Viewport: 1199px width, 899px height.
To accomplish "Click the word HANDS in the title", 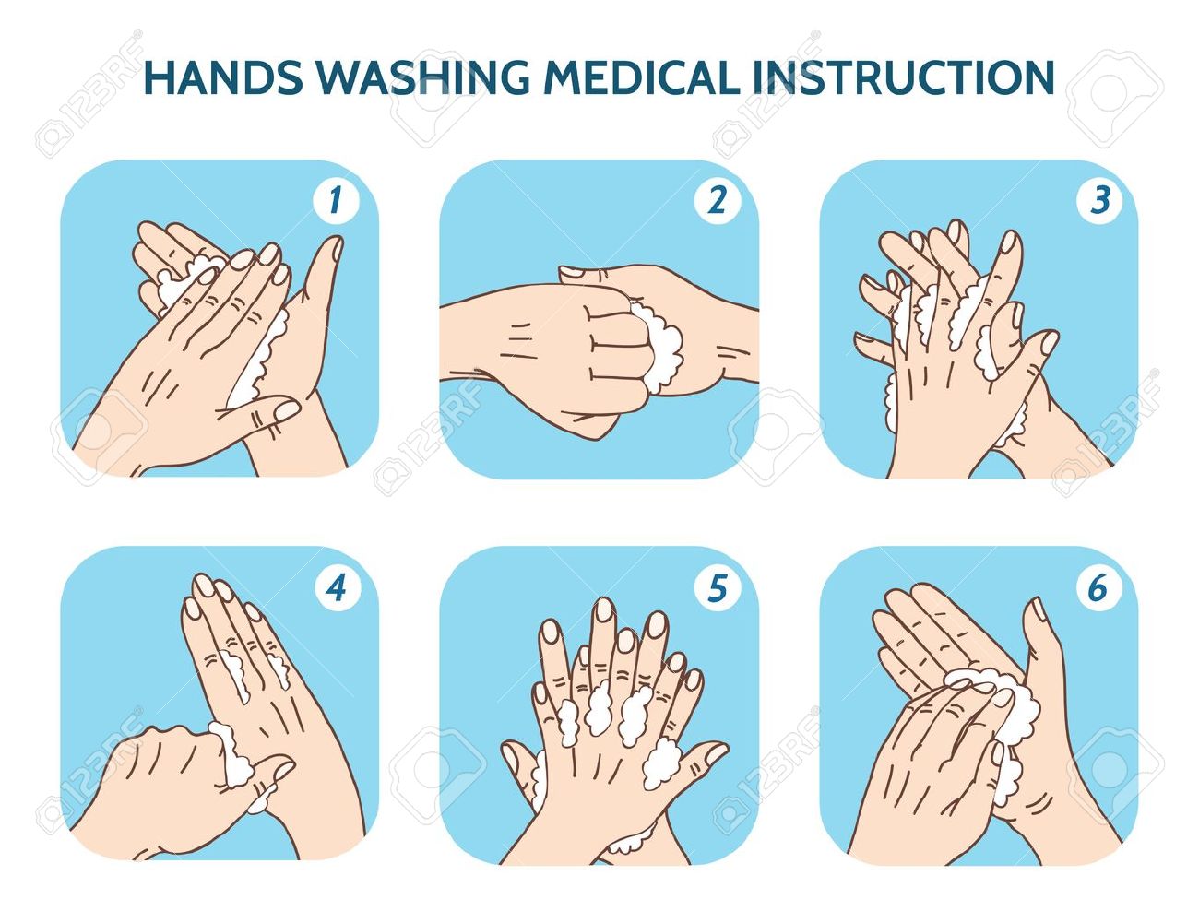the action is (223, 77).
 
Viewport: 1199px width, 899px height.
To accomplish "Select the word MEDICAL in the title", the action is (642, 77).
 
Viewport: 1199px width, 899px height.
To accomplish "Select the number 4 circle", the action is (336, 588).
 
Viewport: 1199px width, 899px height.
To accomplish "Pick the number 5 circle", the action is (717, 588).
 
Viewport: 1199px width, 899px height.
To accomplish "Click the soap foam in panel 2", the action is (659, 349).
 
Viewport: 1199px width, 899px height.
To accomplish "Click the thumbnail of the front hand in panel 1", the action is (287, 410).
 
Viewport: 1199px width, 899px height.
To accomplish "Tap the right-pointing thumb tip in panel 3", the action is (1048, 342).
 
